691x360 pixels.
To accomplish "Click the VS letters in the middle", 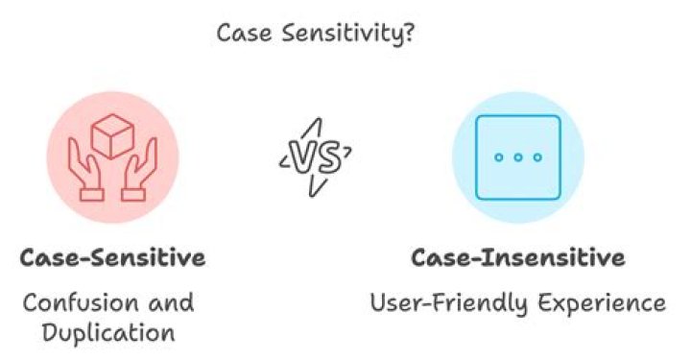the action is pos(314,157).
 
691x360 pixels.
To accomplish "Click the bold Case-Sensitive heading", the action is pos(113,258).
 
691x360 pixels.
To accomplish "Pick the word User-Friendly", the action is pos(437,303).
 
